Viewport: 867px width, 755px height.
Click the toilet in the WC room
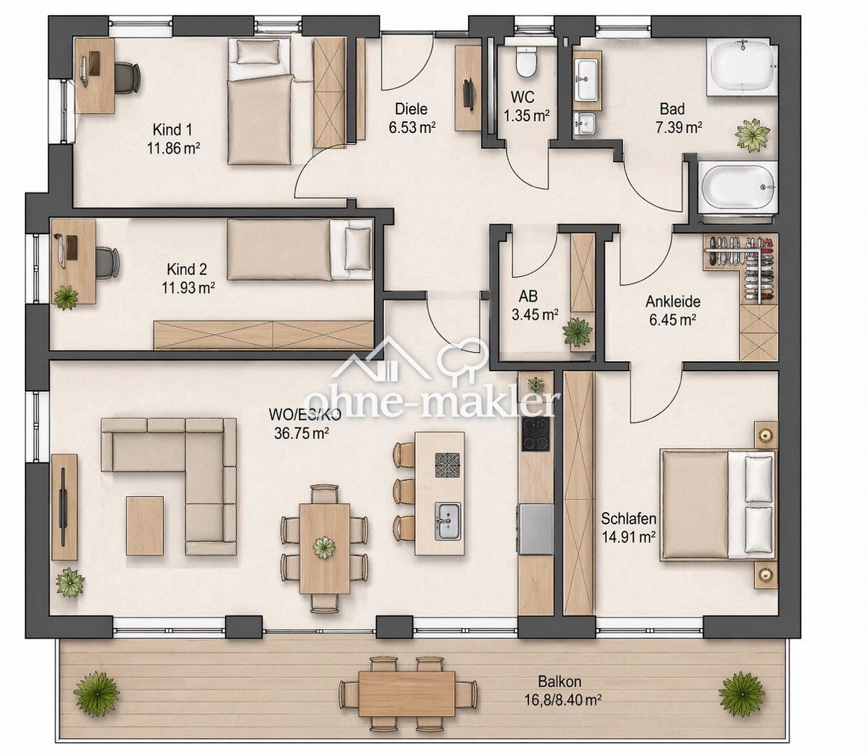point(526,62)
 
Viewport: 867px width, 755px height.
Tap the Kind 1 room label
point(173,129)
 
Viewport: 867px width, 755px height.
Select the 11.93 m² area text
point(188,288)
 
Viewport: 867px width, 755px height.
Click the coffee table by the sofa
point(145,526)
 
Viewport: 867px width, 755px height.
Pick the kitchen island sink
point(447,522)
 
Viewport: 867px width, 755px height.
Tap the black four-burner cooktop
point(537,434)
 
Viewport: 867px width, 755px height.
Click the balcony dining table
point(406,694)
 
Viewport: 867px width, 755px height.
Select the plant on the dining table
point(324,547)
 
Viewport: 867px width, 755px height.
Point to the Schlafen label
point(629,518)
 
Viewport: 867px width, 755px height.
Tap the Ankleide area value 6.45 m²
point(672,320)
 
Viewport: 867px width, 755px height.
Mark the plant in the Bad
point(752,134)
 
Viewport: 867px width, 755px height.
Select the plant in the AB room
point(577,332)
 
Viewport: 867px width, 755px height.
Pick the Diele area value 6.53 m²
point(413,127)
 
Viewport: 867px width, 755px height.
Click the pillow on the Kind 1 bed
point(259,52)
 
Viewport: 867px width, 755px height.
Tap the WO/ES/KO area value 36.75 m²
point(301,433)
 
